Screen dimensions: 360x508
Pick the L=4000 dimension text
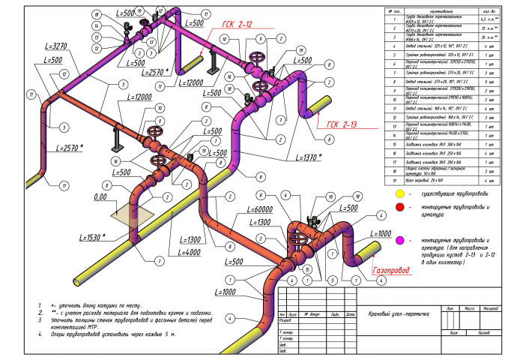coord(190,253)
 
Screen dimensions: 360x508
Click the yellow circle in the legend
coord(400,193)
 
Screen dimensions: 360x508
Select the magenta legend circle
coord(400,241)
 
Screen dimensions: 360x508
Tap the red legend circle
coord(400,207)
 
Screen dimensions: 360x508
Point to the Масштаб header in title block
coord(490,308)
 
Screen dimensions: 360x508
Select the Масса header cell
coord(470,308)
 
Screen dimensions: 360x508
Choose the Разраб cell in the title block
coord(285,320)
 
